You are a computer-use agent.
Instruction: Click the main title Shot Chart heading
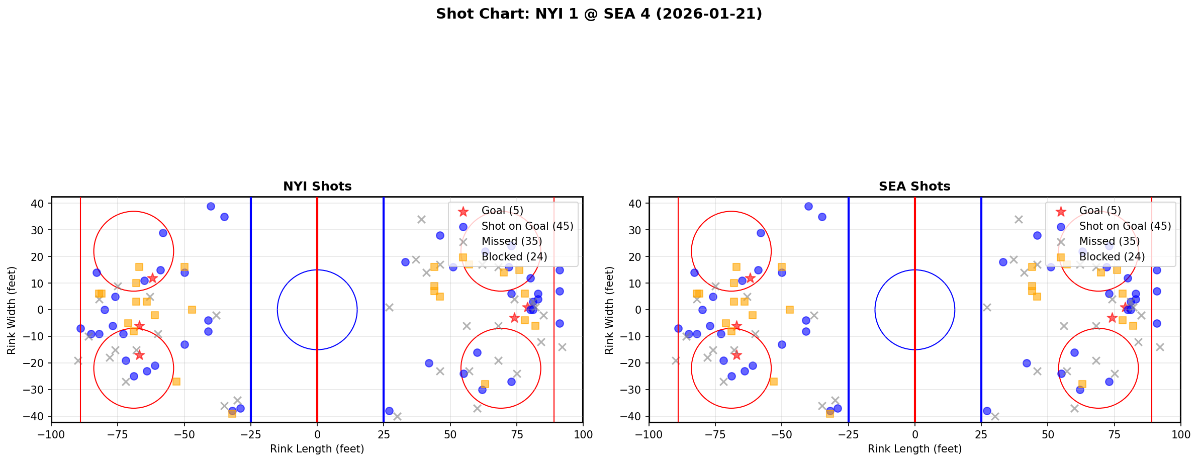click(599, 14)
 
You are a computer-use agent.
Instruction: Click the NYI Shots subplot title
click(317, 187)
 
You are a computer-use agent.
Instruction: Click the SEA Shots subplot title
click(914, 187)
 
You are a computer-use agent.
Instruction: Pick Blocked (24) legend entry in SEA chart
click(1112, 257)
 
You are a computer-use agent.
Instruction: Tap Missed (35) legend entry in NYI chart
click(511, 241)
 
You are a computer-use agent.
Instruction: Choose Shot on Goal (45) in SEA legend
click(1125, 226)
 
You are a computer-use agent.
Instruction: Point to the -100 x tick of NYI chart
click(51, 434)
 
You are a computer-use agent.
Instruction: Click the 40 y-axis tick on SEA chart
click(635, 204)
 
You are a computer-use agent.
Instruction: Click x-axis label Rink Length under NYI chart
click(317, 449)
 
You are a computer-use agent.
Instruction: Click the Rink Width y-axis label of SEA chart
click(609, 310)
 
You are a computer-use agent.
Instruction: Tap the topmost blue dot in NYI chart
click(211, 206)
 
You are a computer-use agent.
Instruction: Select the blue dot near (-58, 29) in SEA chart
click(761, 233)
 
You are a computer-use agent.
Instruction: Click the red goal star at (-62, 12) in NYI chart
click(152, 278)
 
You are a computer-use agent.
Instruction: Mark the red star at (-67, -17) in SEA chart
click(736, 355)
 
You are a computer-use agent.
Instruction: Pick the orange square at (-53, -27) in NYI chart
click(176, 382)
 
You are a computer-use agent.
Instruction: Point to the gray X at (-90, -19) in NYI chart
click(78, 360)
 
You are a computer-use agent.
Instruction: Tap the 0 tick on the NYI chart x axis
click(317, 434)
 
